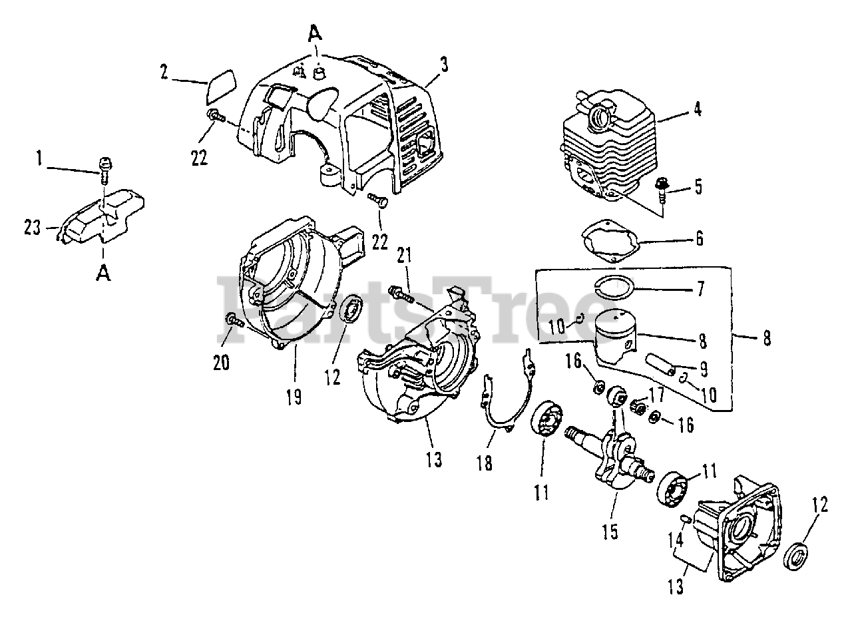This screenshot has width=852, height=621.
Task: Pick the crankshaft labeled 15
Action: point(616,453)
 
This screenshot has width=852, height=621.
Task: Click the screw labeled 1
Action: point(105,166)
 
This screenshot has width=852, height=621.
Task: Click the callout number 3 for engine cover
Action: point(443,65)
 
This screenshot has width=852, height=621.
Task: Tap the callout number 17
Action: point(656,395)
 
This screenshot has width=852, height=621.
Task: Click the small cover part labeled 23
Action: point(103,217)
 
